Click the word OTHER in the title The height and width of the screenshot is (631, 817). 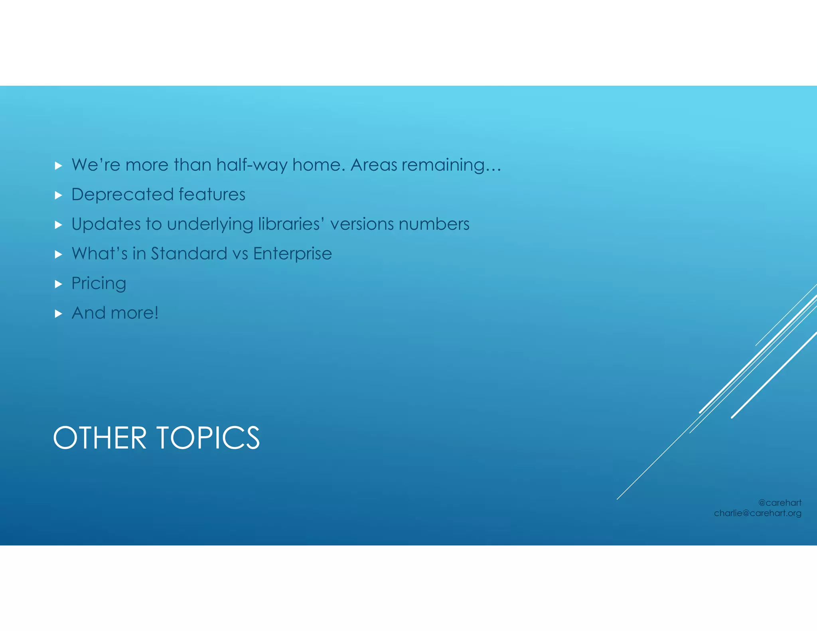[100, 438]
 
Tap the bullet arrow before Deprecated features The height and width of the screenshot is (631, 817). [59, 195]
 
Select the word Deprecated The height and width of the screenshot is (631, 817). [122, 195]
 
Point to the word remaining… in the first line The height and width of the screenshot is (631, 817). [451, 165]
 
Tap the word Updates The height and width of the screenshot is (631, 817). [106, 224]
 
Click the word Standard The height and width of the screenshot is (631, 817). [189, 254]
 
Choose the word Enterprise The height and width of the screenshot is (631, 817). [292, 254]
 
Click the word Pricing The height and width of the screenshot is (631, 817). [99, 284]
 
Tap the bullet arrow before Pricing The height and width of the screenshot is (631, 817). [59, 284]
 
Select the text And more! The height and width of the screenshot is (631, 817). [115, 313]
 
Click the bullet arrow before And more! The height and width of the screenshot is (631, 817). [59, 314]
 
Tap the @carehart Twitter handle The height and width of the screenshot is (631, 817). [780, 503]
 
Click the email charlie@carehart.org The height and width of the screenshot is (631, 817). [758, 513]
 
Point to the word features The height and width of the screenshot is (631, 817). [212, 195]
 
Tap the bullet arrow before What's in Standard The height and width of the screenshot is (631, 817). [59, 254]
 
